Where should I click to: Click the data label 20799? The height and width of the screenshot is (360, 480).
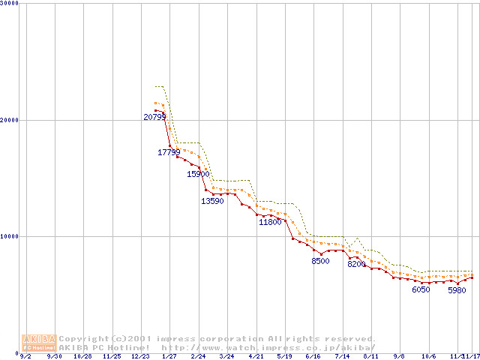[x=155, y=117]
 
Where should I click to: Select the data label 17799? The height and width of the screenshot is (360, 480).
[x=169, y=152]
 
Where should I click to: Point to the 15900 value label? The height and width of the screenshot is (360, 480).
[x=198, y=174]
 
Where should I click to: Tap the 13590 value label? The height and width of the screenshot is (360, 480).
[x=212, y=201]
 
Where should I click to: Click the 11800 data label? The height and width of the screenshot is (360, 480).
[x=270, y=222]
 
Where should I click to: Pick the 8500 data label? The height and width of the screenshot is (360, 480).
[x=320, y=261]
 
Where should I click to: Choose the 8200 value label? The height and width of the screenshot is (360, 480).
[x=356, y=264]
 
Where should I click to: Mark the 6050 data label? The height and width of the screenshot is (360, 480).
[x=421, y=289]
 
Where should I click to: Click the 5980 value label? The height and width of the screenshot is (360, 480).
[x=456, y=290]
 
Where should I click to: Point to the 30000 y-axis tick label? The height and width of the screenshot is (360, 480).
[x=10, y=4]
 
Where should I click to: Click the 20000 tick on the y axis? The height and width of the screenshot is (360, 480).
[x=10, y=120]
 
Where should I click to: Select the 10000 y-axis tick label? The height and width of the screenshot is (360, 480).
[x=10, y=236]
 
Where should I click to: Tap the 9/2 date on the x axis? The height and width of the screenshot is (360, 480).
[x=25, y=356]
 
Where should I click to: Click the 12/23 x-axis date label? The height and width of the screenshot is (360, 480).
[x=140, y=356]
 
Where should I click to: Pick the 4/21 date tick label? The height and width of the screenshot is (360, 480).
[x=256, y=356]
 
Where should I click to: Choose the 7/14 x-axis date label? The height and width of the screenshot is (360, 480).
[x=343, y=356]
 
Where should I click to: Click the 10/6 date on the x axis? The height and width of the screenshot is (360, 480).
[x=429, y=356]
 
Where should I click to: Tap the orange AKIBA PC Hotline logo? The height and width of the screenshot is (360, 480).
[x=39, y=343]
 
